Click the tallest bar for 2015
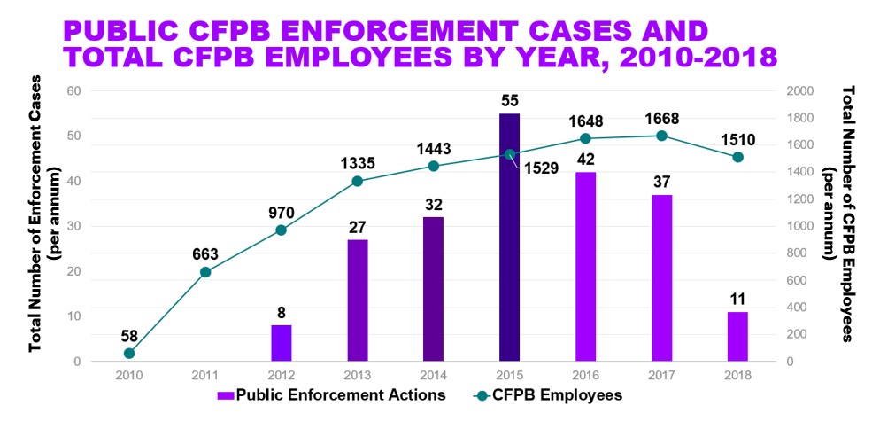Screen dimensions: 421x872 [x=509, y=237]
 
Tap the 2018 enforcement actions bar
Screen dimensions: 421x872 [x=737, y=336]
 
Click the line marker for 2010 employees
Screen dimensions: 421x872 [x=129, y=354]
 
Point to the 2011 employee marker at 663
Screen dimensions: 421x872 [x=205, y=272]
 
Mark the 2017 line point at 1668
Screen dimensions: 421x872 [x=661, y=136]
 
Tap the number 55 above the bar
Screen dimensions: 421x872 [x=509, y=100]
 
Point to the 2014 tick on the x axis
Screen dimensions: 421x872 [x=433, y=375]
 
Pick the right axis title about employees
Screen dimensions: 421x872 [x=839, y=213]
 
